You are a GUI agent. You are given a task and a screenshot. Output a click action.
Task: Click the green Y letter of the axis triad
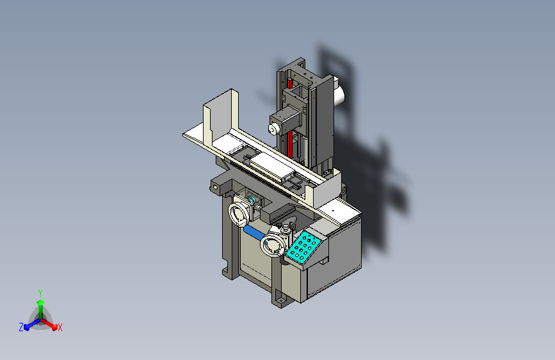(x=40, y=293)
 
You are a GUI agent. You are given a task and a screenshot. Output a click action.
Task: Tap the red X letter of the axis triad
(x=60, y=327)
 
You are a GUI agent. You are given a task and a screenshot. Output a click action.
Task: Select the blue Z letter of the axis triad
(x=21, y=327)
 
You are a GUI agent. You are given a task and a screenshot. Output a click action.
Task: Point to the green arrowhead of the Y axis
(x=41, y=302)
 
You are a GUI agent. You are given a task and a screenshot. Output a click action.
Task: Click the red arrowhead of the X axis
(x=54, y=327)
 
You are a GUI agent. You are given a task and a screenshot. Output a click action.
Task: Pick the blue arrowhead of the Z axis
(x=27, y=327)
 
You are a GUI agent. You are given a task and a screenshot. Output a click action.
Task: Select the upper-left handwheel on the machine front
(x=239, y=215)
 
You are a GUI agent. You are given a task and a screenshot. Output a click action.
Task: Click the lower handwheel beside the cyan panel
(x=272, y=245)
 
